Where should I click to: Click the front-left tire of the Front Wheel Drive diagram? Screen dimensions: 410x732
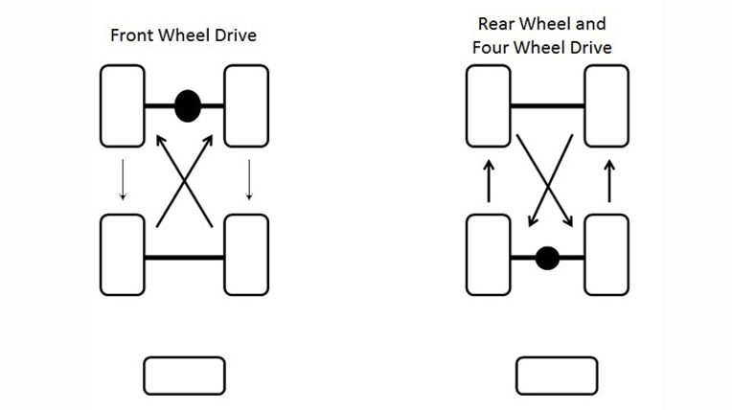coord(123,105)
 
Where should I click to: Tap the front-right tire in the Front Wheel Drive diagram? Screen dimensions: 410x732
coord(246,105)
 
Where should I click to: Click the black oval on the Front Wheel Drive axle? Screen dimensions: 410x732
coord(188,105)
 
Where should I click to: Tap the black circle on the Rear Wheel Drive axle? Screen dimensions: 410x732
coord(547,258)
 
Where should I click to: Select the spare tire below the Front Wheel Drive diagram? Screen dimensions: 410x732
coord(184,376)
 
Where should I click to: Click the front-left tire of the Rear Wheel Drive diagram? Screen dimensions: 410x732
coord(488,105)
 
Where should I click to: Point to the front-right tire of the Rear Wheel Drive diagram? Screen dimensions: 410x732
coord(607,105)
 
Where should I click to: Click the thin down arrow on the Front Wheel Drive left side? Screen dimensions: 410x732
coord(122,179)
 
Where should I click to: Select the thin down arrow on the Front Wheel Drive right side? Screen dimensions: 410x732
coord(249,179)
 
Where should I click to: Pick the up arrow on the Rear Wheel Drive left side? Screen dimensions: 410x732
coord(488,179)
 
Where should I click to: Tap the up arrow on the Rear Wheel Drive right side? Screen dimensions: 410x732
coord(608,179)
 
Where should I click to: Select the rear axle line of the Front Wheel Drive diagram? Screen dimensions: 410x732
coord(184,258)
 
